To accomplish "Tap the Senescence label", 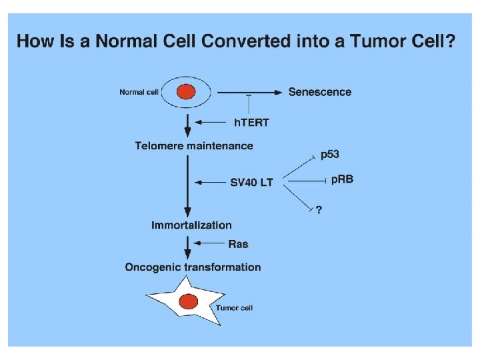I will click(x=319, y=92).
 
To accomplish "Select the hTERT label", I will click(x=252, y=122).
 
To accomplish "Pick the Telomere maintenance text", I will click(x=194, y=145).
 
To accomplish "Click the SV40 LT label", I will click(x=251, y=182).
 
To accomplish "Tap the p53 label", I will click(x=329, y=155).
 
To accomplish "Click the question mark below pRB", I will click(x=319, y=209).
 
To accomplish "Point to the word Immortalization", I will click(x=191, y=225).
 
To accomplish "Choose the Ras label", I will click(x=238, y=244).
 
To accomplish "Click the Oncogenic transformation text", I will click(x=193, y=267).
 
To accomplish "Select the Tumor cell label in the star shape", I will click(x=233, y=308).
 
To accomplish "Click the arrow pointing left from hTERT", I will click(x=212, y=122).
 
